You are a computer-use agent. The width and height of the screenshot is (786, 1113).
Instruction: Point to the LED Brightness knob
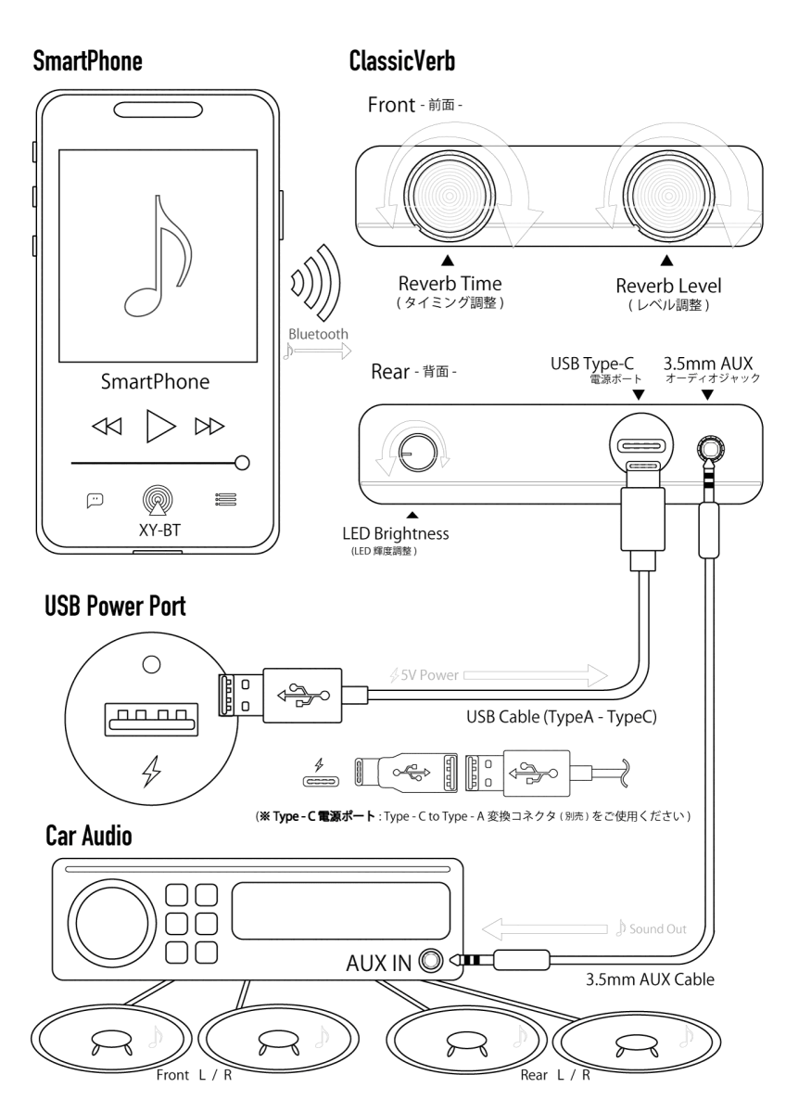point(412,454)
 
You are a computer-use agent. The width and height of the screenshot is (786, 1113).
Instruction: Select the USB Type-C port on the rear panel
point(639,445)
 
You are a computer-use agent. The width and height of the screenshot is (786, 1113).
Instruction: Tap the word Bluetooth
point(318,333)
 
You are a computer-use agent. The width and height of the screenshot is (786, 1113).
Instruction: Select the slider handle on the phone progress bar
point(243,462)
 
